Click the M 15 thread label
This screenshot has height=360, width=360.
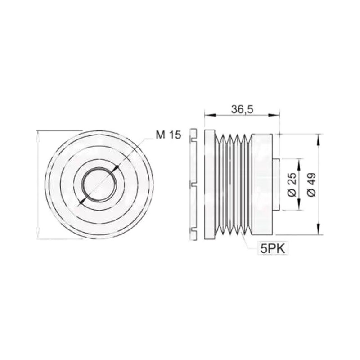point(168,135)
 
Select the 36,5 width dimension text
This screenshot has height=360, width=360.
point(242,110)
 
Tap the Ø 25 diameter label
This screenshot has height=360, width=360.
point(292,184)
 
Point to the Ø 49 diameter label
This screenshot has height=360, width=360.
point(311,185)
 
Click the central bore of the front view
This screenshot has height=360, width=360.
point(99,185)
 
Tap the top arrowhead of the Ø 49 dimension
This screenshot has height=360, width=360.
point(318,140)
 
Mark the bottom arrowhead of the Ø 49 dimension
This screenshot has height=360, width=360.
point(318,229)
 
